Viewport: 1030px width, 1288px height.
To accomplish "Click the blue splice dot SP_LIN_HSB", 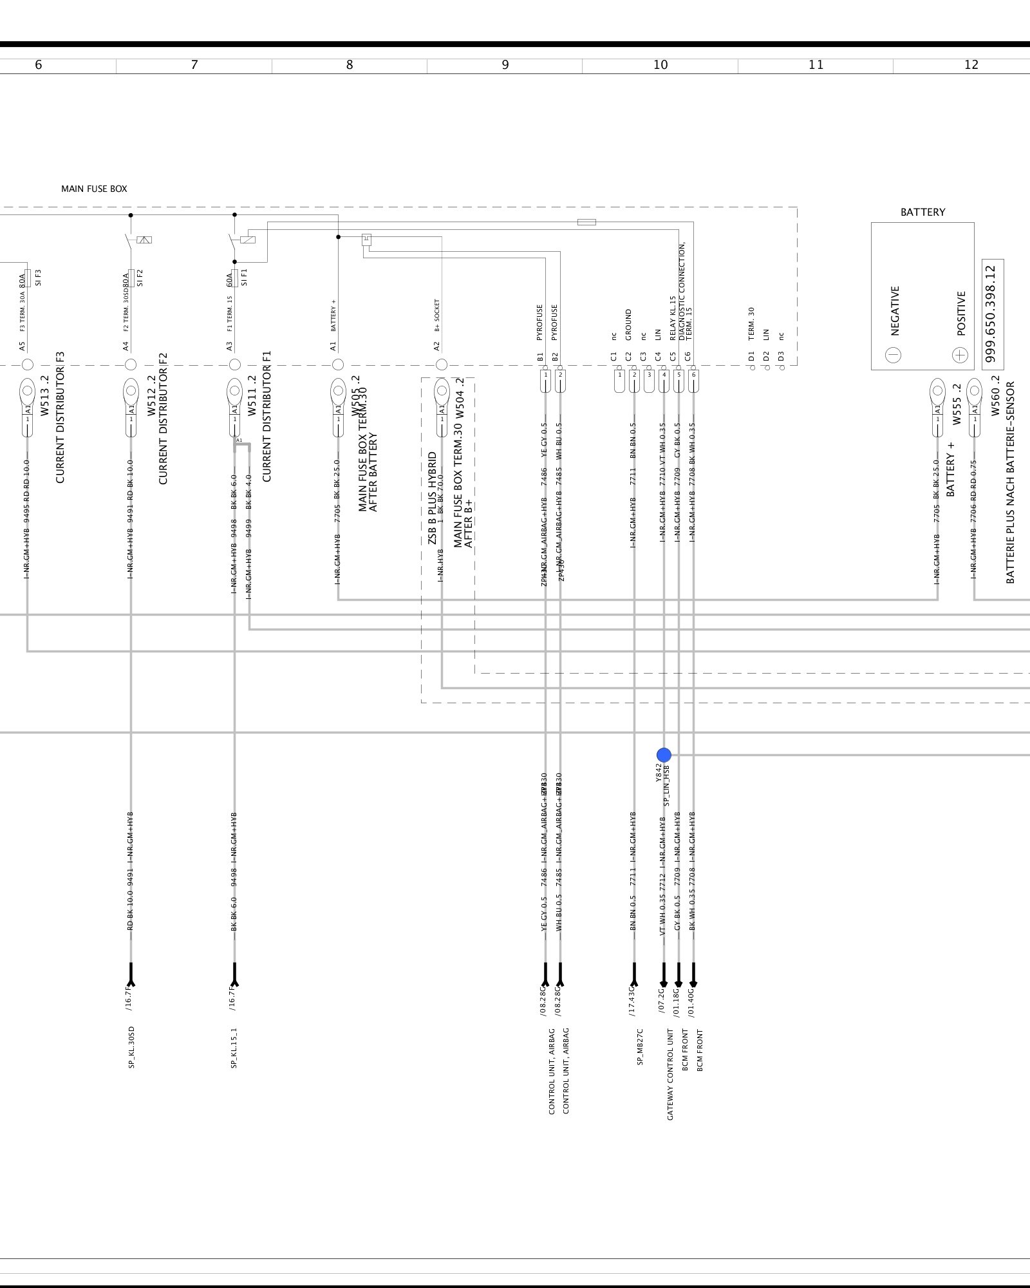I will (x=664, y=755).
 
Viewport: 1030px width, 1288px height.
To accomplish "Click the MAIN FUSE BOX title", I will (x=94, y=189).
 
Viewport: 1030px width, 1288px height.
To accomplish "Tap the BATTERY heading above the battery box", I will (x=922, y=212).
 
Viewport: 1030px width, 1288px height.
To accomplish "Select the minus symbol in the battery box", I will (x=893, y=355).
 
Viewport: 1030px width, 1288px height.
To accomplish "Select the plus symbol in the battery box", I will (x=960, y=355).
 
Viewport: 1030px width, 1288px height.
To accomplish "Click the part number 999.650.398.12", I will (x=992, y=314).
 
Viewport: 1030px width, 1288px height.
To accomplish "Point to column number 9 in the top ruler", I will (x=505, y=64).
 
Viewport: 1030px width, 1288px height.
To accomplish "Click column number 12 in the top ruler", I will (x=971, y=64).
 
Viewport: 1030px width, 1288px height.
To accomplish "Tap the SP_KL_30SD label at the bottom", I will (x=131, y=1047).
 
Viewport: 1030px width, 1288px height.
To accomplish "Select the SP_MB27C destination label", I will (x=640, y=1046).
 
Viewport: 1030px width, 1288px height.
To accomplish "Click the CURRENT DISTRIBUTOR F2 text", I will (x=163, y=418).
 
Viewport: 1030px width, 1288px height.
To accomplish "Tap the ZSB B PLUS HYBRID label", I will (x=433, y=497).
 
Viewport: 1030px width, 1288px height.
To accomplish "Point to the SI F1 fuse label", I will (x=244, y=278).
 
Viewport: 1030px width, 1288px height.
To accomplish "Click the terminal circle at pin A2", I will (x=441, y=365).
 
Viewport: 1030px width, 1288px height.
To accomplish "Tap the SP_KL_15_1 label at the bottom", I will (x=234, y=1047).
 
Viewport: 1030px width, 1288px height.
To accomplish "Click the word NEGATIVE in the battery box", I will (x=895, y=310).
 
